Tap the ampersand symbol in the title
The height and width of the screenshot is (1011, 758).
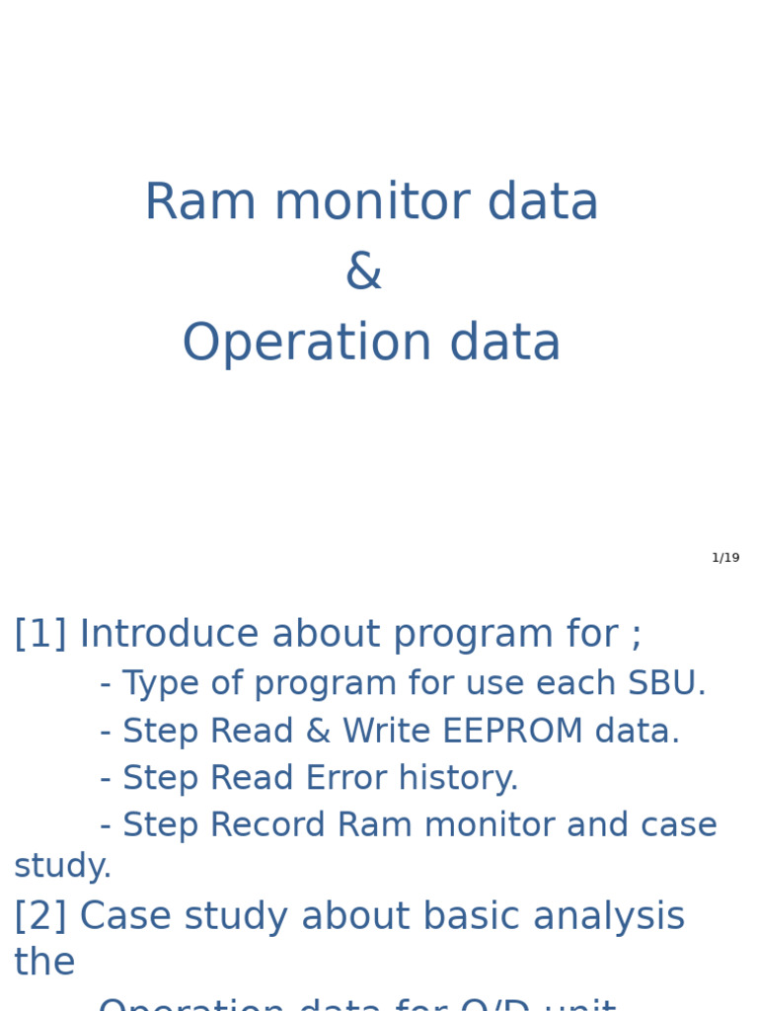pyautogui.click(x=363, y=272)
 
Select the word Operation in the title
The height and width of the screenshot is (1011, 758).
pyautogui.click(x=306, y=344)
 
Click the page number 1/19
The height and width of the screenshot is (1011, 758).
pyautogui.click(x=725, y=558)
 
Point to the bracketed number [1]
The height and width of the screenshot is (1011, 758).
pyautogui.click(x=39, y=635)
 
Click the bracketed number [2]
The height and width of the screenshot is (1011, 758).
pyautogui.click(x=39, y=917)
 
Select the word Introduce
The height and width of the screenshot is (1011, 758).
pyautogui.click(x=169, y=635)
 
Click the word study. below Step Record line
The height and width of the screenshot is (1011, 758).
pyautogui.click(x=62, y=867)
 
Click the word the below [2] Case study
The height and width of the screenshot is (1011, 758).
pyautogui.click(x=44, y=963)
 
